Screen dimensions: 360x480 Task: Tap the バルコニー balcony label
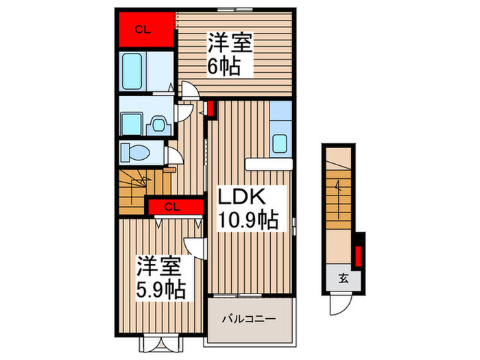pyautogui.click(x=250, y=319)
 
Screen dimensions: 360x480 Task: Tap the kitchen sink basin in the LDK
pyautogui.click(x=280, y=143)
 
